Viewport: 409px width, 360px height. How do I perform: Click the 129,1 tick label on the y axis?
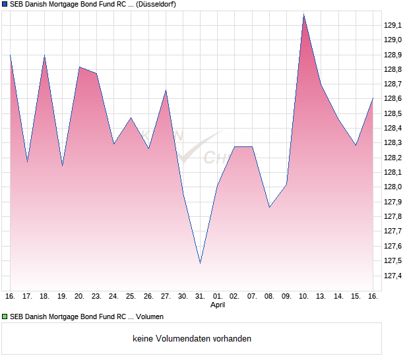point(393,25)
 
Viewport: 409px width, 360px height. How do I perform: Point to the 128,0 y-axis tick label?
point(393,187)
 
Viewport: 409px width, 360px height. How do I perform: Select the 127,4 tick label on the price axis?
point(393,276)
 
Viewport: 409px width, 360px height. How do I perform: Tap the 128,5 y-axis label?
point(393,113)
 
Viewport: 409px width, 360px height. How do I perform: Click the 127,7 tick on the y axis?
point(393,231)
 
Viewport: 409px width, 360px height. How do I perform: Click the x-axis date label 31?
point(200,296)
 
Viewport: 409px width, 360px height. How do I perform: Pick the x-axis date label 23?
point(96,296)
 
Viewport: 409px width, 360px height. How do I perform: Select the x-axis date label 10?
point(303,296)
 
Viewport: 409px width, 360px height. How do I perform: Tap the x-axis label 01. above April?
point(218,296)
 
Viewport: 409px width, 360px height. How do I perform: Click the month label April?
point(218,305)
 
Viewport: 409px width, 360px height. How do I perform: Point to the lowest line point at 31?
point(200,263)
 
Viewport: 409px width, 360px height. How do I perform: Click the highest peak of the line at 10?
point(303,15)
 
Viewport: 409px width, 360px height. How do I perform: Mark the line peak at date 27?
point(166,90)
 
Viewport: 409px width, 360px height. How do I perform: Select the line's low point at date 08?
point(269,207)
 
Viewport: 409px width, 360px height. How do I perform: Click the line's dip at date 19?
point(62,165)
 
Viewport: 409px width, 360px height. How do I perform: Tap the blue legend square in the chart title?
point(5,4)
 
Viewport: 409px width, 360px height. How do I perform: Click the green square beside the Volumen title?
point(5,316)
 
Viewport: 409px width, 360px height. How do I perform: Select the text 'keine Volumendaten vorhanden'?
point(192,339)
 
